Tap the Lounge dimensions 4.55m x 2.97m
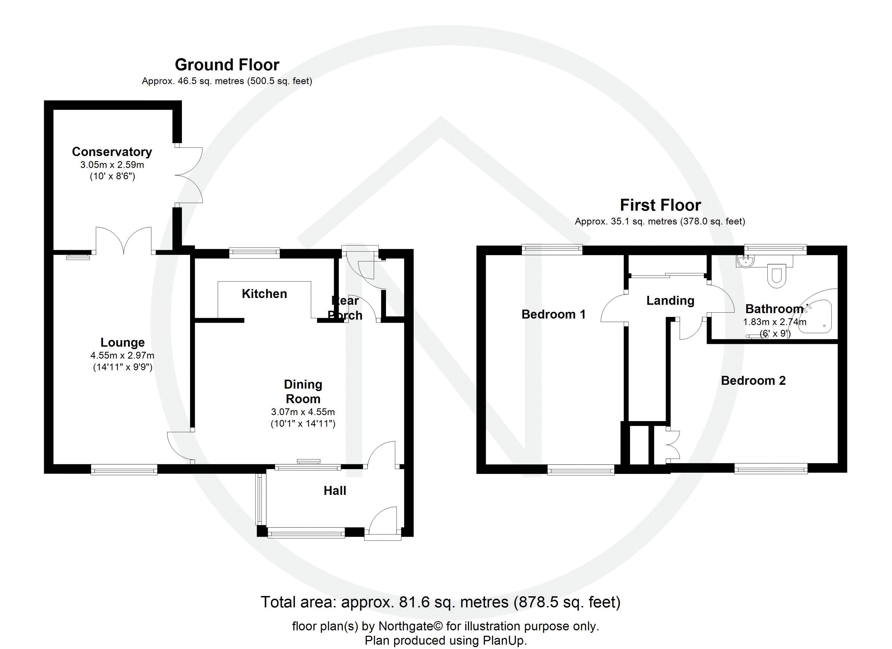point(122,355)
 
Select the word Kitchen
point(264,294)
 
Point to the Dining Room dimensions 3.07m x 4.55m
point(303,412)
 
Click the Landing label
point(670,301)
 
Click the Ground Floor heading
point(227,65)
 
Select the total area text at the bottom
point(441,602)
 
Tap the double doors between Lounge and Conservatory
point(124,240)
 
